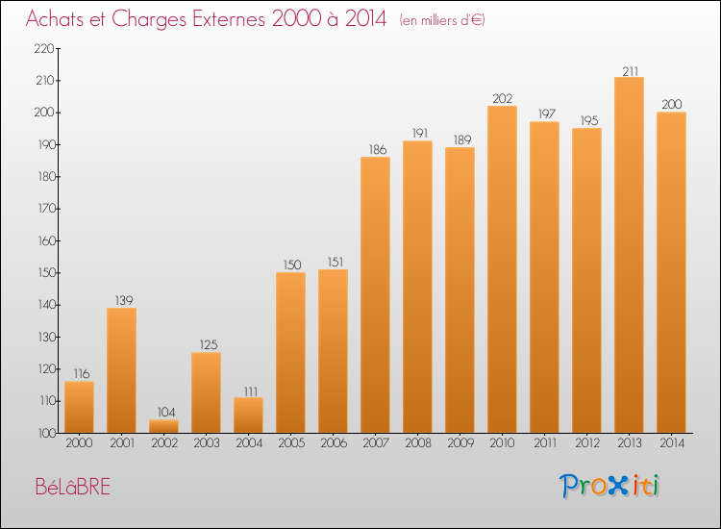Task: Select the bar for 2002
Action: tap(163, 426)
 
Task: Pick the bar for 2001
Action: tap(121, 370)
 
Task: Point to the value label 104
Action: tap(163, 412)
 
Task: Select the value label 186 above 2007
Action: tap(375, 149)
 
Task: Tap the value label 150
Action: tap(290, 264)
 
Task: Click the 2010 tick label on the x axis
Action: tap(502, 443)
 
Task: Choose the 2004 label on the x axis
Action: tap(248, 443)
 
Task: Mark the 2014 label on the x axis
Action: tap(671, 443)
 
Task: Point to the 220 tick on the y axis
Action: tap(44, 48)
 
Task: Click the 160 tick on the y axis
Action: tap(44, 240)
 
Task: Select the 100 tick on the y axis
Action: tap(44, 433)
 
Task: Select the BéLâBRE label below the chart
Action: tap(72, 487)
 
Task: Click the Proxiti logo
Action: tap(609, 486)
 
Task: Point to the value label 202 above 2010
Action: tap(502, 98)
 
